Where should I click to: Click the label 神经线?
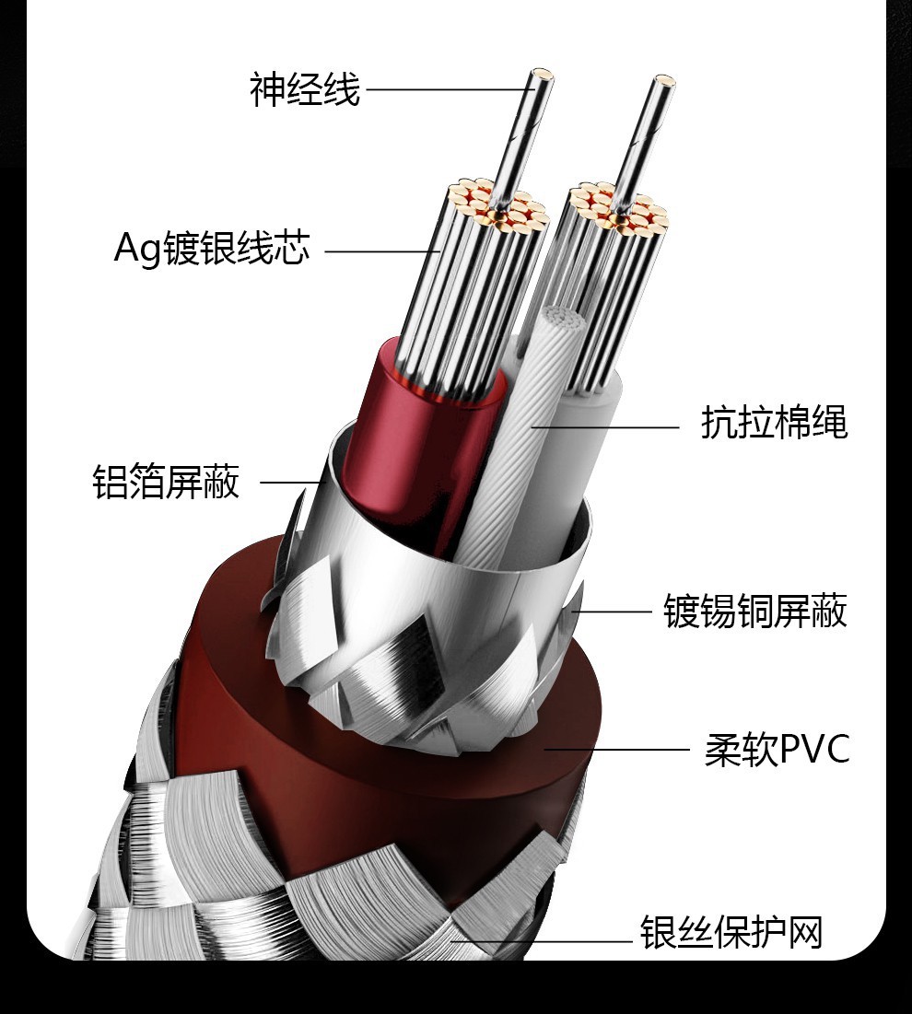pos(305,90)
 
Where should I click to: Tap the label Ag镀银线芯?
pos(211,249)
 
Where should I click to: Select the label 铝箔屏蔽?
pos(166,482)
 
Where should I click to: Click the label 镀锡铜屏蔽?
pos(755,611)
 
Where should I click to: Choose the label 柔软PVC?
pos(776,750)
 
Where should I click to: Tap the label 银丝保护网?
pos(731,932)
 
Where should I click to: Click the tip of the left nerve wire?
pos(544,74)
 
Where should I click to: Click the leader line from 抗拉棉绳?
pos(608,426)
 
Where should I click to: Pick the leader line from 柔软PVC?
pos(617,750)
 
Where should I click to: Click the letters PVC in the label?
pos(814,750)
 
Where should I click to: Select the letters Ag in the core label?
pos(137,250)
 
